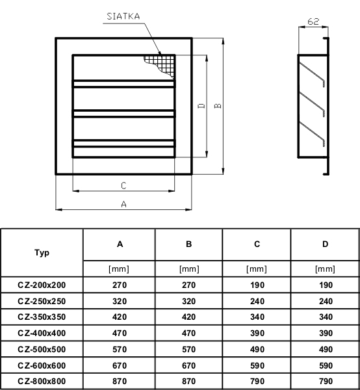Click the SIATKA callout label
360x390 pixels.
[x=123, y=16]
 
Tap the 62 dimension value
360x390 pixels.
[x=313, y=21]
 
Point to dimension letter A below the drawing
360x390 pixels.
[x=124, y=204]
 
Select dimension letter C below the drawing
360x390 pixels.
[x=123, y=185]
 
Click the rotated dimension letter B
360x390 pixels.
[x=218, y=106]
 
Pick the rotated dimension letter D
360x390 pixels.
[x=201, y=106]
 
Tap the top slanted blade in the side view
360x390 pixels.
[x=313, y=74]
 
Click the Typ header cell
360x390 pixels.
[x=42, y=253]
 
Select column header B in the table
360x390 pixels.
[x=188, y=244]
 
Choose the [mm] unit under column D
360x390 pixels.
[x=325, y=269]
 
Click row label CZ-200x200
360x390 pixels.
[x=42, y=285]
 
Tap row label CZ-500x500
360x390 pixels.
[x=42, y=349]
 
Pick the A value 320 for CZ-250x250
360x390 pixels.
[x=120, y=301]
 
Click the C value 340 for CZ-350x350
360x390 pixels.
[x=257, y=317]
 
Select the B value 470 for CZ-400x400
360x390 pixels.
[x=188, y=333]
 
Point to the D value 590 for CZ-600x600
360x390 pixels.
[x=326, y=365]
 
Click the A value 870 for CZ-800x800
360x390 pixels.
[x=120, y=381]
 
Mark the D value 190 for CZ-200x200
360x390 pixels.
[x=326, y=285]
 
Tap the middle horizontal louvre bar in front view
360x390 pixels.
[x=124, y=113]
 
